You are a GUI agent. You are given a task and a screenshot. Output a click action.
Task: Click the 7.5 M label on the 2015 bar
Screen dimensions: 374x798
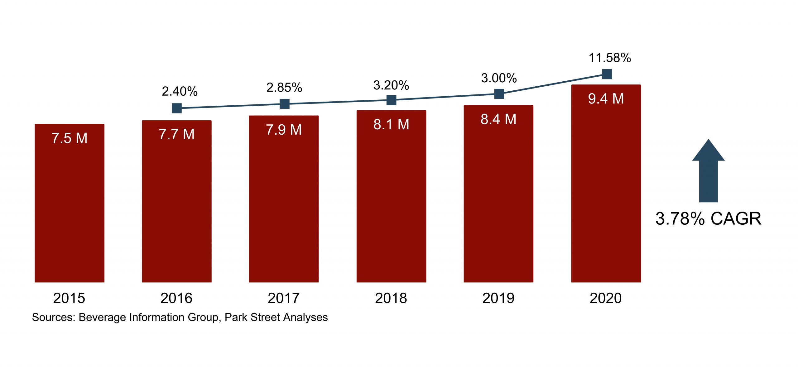tap(70, 138)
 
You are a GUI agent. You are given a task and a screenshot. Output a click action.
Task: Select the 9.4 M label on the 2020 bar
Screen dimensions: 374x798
tap(606, 99)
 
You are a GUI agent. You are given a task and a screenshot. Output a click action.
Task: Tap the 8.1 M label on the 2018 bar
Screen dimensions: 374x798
tap(391, 124)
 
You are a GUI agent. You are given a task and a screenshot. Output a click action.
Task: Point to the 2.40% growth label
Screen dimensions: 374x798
tap(180, 91)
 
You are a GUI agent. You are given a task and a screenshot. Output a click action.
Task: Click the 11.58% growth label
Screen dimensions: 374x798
tap(610, 58)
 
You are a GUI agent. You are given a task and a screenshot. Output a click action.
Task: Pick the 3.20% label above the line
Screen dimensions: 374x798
tap(391, 85)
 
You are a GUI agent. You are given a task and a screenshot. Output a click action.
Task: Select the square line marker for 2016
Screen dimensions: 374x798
tap(177, 108)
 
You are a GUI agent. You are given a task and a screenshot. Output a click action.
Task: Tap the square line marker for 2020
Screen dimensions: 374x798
tap(607, 74)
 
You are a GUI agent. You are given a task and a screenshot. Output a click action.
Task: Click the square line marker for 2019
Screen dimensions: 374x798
tap(499, 94)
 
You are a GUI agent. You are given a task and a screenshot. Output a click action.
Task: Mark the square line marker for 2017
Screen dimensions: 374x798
tap(284, 104)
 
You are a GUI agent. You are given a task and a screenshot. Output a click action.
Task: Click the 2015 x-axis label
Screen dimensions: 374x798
tap(69, 298)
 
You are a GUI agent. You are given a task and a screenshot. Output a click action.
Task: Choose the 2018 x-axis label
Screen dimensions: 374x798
tap(391, 298)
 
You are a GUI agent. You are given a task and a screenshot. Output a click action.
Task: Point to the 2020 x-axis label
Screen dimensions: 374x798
tap(606, 298)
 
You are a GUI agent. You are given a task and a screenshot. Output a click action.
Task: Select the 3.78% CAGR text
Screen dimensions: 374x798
tap(708, 218)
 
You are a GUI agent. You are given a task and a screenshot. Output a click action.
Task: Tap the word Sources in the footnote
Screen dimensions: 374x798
tap(53, 317)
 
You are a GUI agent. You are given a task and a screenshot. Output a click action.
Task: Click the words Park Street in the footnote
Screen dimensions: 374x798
tap(252, 317)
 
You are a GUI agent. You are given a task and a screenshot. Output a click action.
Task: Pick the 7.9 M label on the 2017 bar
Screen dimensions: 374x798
tap(284, 130)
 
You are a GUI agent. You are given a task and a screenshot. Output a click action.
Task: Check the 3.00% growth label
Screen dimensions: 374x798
tap(499, 78)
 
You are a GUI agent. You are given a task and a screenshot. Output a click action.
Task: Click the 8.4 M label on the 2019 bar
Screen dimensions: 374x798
tap(498, 119)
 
